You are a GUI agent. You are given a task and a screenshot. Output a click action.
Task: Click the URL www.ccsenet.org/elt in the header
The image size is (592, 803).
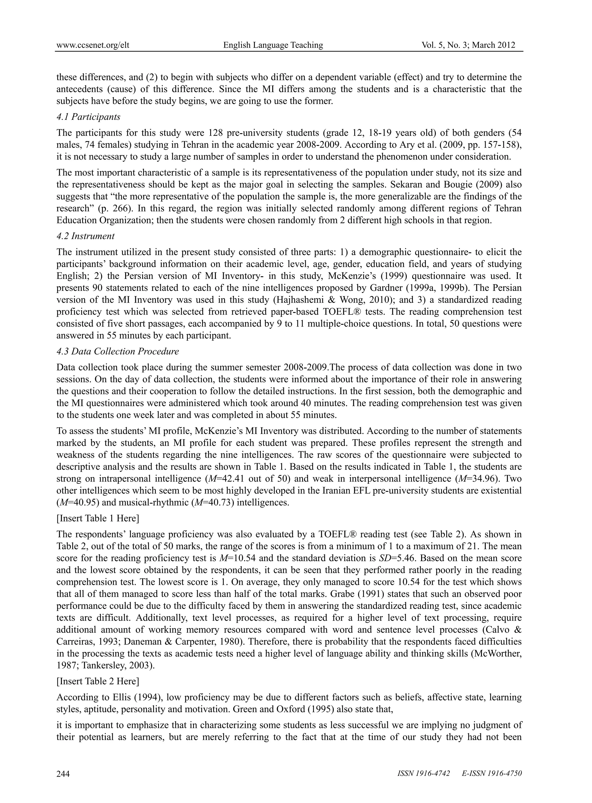pos(93,45)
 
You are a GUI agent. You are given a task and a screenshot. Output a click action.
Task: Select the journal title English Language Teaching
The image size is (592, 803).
pos(273,45)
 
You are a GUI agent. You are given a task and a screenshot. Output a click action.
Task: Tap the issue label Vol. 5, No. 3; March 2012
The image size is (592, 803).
pos(468,45)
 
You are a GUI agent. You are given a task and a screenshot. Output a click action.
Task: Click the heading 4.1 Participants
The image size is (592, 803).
pos(88,117)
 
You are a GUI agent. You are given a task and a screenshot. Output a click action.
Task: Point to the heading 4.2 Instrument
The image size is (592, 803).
pos(86,236)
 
